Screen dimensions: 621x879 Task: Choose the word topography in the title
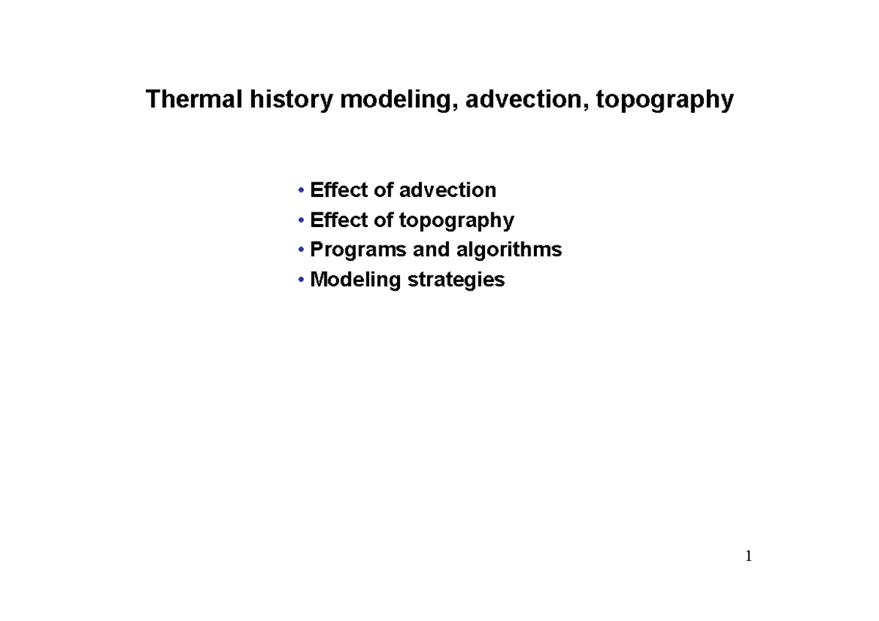coord(664,100)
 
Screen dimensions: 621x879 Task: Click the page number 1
coord(749,557)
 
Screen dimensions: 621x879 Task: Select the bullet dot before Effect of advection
coord(302,191)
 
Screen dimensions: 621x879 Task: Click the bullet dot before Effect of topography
coord(302,220)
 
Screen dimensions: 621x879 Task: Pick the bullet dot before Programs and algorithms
coord(302,250)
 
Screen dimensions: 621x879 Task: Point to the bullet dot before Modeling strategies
coord(302,280)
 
